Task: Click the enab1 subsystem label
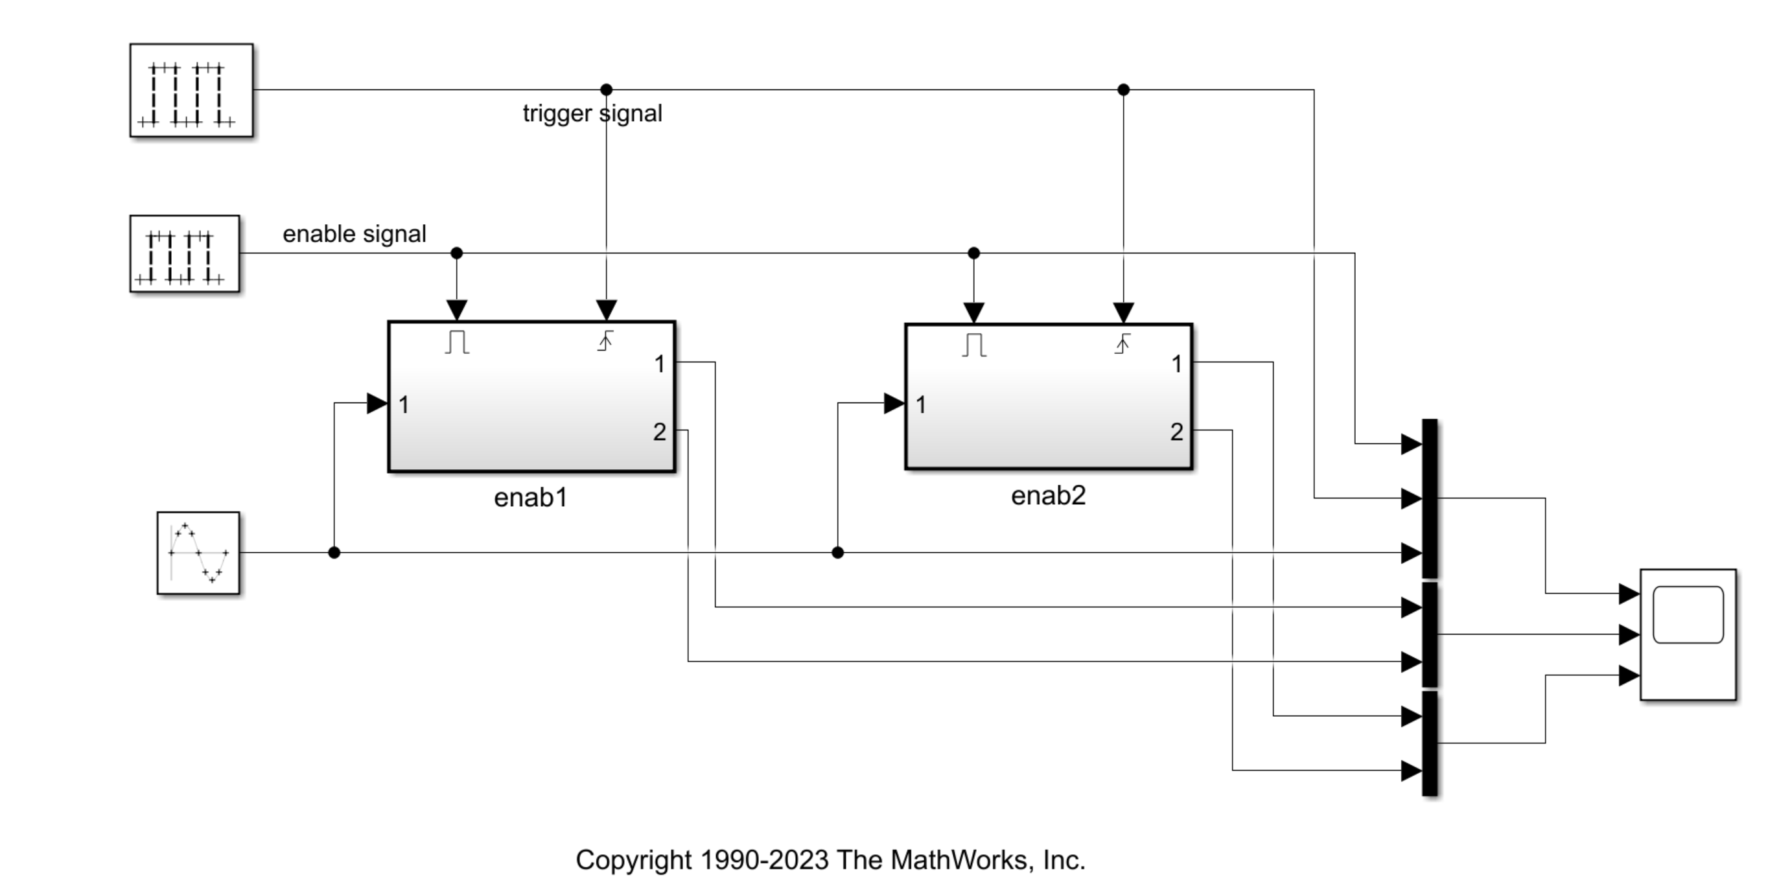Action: point(531,498)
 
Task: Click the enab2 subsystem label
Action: point(1047,496)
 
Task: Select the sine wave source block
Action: point(198,553)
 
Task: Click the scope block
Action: point(1688,634)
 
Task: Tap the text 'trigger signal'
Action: point(592,113)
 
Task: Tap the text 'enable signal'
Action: point(354,235)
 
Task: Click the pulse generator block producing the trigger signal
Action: point(191,91)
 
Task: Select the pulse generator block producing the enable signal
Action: point(184,254)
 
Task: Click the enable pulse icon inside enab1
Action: point(457,342)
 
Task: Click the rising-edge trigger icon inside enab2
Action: point(1122,343)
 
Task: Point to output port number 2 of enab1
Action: point(660,432)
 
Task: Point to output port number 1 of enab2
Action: point(1176,364)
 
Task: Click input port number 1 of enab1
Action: point(404,405)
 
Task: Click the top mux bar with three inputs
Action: point(1430,498)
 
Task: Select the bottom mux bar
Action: point(1430,743)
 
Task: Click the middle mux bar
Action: point(1430,634)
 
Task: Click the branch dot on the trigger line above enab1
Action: point(606,89)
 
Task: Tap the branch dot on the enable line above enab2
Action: point(973,253)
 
